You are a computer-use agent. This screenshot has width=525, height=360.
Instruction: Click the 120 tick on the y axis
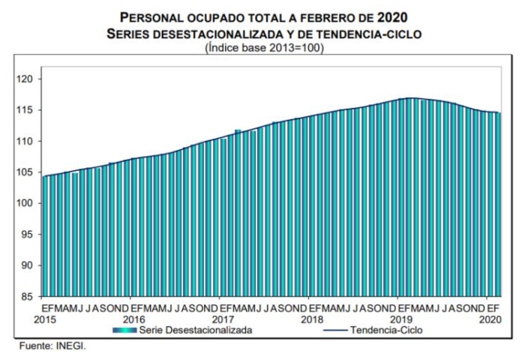(x=28, y=79)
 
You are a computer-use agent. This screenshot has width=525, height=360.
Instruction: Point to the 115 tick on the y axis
(x=28, y=110)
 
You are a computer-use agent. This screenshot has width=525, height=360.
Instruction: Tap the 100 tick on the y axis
(x=28, y=203)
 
